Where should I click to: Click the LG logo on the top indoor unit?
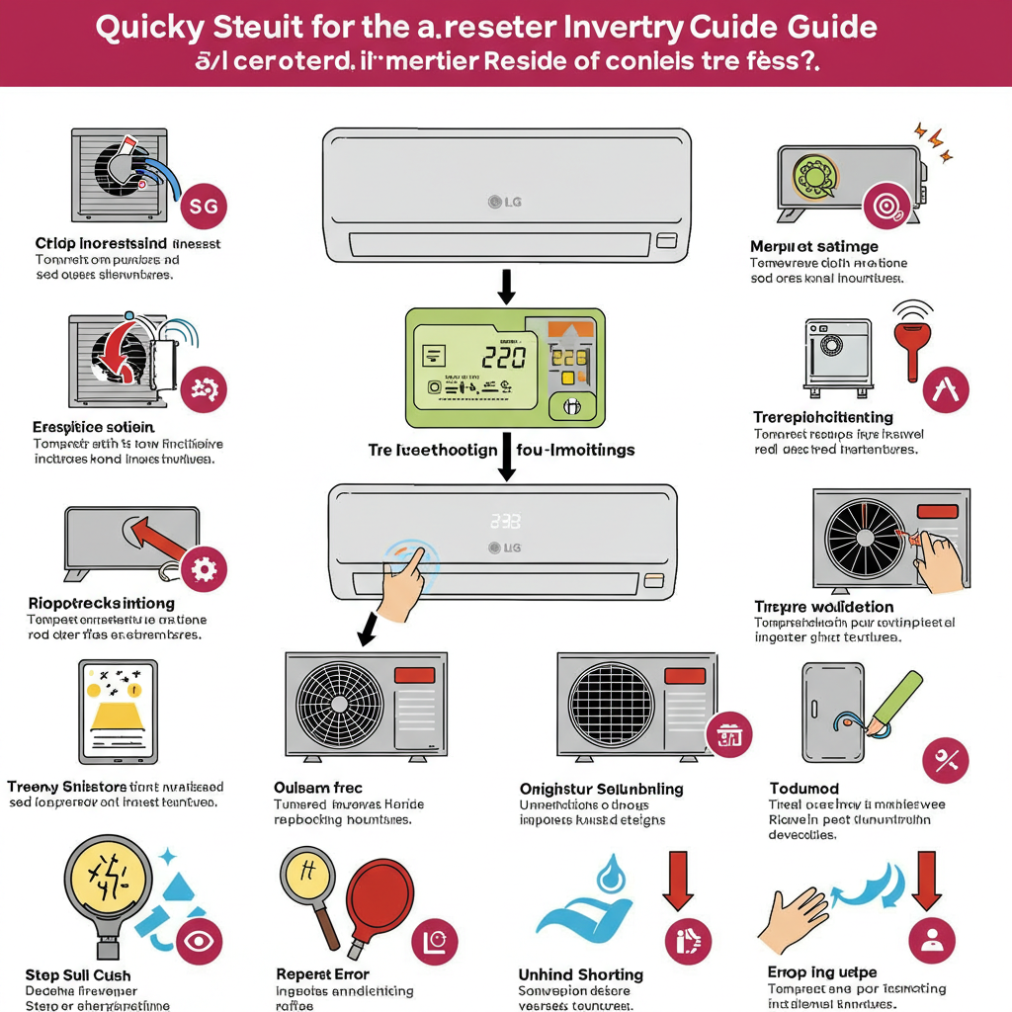pos(506,203)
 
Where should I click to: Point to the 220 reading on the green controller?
pos(503,357)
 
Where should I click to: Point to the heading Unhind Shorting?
pos(581,974)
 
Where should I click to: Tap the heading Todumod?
pos(803,788)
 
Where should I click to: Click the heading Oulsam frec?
pos(317,788)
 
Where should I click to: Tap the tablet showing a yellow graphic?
pos(118,712)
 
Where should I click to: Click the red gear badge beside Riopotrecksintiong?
pos(205,568)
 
